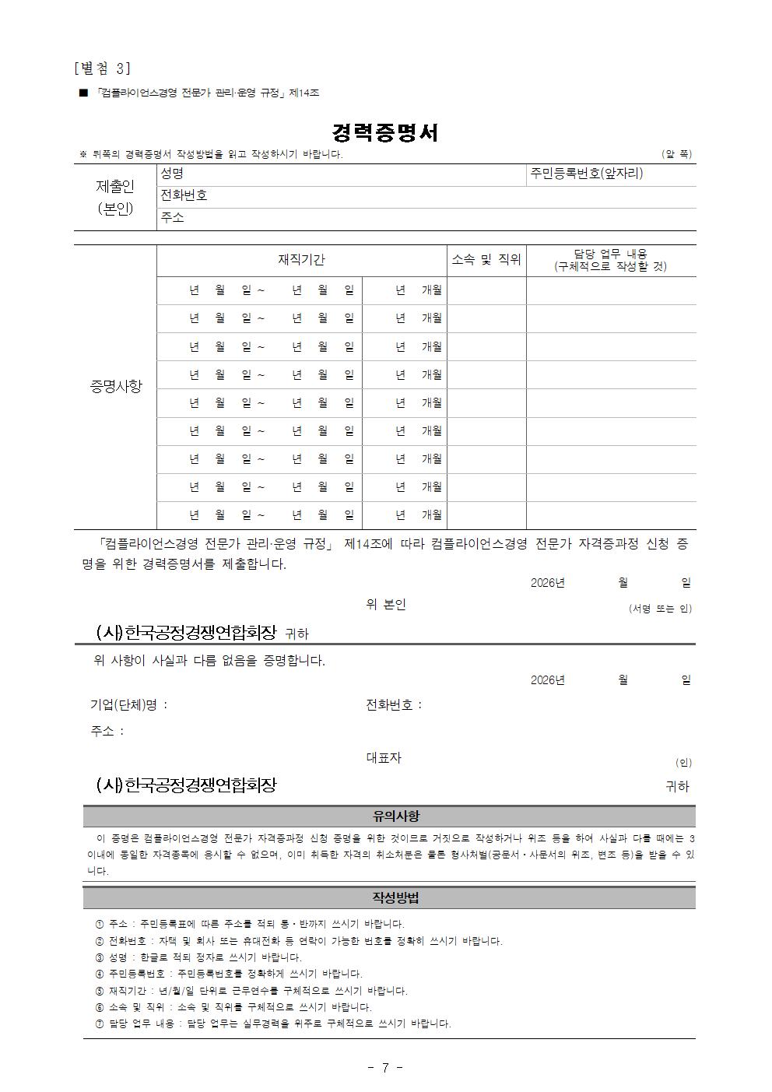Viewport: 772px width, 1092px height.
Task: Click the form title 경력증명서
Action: point(385,132)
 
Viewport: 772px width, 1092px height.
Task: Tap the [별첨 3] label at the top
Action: point(103,68)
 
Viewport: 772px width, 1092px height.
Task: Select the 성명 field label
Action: point(172,174)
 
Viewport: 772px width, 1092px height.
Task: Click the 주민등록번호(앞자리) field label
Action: point(587,174)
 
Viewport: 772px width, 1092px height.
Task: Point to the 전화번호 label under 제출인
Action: point(184,195)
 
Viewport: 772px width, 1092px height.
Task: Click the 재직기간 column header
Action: point(301,260)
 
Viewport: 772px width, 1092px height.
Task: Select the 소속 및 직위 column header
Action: point(486,260)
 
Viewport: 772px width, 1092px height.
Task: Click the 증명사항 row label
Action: point(116,386)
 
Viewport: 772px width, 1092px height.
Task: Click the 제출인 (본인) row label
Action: point(115,197)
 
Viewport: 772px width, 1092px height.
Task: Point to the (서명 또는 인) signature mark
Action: point(660,609)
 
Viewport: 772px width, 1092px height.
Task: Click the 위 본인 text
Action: point(386,604)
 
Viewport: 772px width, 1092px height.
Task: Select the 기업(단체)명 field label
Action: point(128,705)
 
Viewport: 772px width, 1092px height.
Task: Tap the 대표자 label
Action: point(384,757)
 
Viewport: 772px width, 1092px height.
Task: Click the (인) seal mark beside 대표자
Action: point(683,763)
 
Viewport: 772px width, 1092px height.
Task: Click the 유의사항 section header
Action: point(396,816)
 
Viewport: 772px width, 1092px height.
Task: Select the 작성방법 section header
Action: point(396,897)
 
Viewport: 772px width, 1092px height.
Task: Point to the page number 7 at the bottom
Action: point(385,1067)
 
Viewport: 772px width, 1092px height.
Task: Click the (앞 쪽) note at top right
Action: point(676,154)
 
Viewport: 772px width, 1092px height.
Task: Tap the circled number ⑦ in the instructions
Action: point(99,1024)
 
